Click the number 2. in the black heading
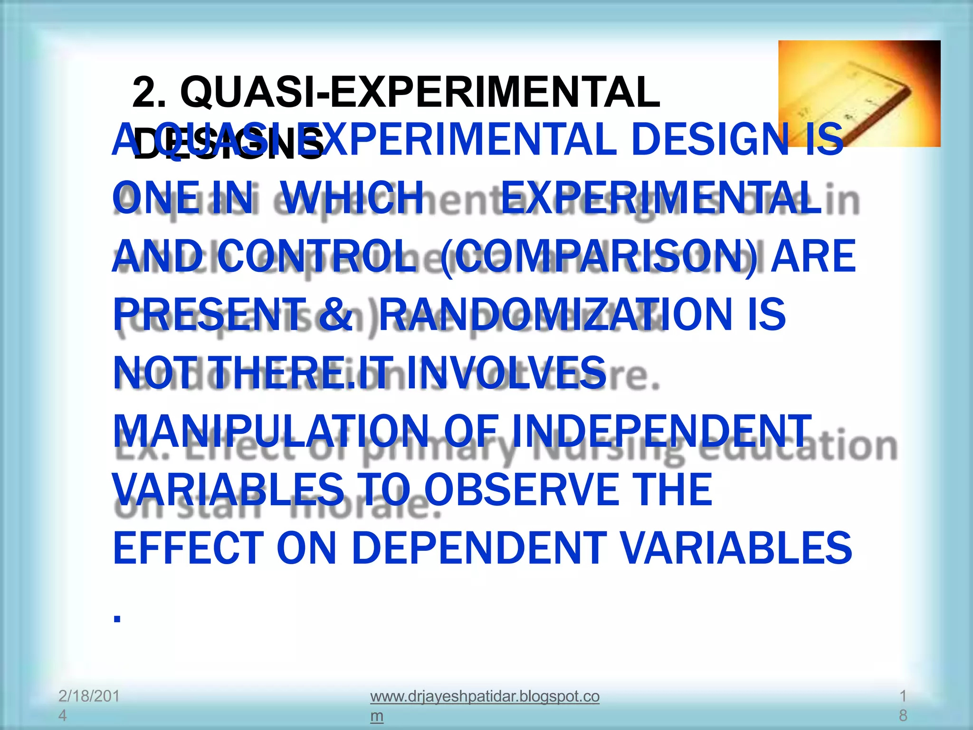click(x=149, y=93)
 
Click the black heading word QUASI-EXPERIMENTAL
click(x=420, y=93)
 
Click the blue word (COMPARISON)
click(x=598, y=257)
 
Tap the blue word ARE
click(x=813, y=257)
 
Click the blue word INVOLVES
click(x=506, y=373)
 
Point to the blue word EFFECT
click(x=189, y=548)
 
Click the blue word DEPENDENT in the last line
click(x=479, y=548)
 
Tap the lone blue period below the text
click(x=117, y=618)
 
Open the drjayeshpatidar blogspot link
click(x=484, y=697)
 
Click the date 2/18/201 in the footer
click(x=89, y=696)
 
